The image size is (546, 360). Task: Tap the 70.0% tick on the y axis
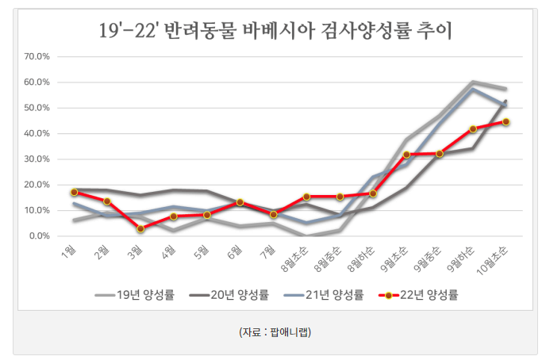pos(38,57)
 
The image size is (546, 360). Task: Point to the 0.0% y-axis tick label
pos(40,236)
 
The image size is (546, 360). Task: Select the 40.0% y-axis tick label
pos(38,134)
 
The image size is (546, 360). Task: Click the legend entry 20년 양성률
pos(230,295)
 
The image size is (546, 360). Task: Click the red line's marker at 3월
pos(140,229)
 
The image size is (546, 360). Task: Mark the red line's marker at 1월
pos(74,192)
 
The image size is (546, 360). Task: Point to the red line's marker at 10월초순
pos(506,122)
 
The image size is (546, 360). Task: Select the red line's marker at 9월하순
pos(473,128)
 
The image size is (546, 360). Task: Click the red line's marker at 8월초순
pos(306,197)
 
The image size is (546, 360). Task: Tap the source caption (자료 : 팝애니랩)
pos(275,331)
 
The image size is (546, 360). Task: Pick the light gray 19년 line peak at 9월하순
pos(473,82)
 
